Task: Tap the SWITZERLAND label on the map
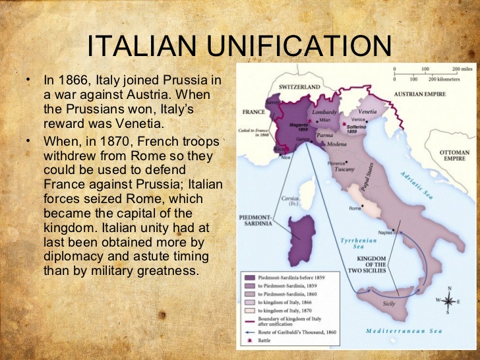click(x=299, y=87)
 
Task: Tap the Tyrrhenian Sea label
click(x=359, y=245)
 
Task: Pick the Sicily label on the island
click(x=389, y=304)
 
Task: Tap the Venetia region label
click(x=368, y=111)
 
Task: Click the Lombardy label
click(x=324, y=112)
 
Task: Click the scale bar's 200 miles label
click(x=464, y=69)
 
